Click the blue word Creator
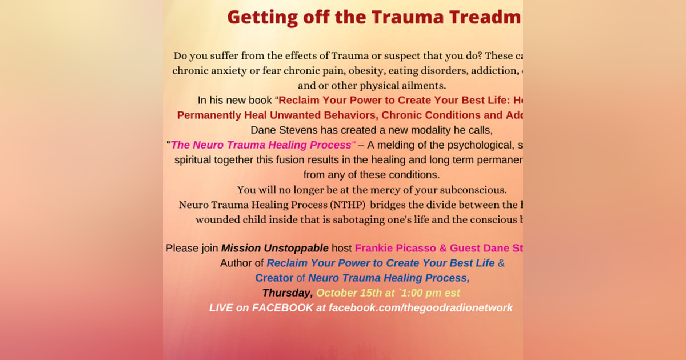[274, 278]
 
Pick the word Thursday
[287, 293]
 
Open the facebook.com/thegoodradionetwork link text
[420, 308]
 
